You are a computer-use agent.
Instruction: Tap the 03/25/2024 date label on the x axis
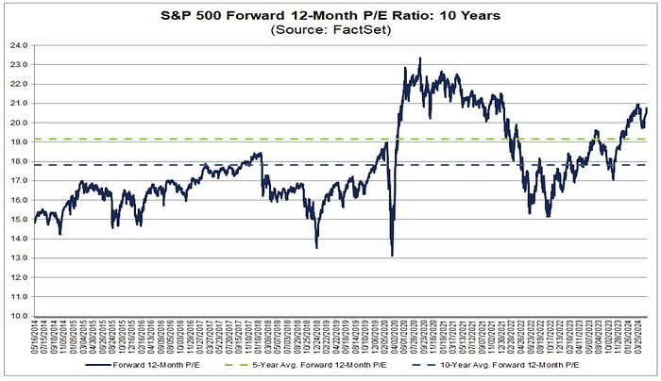(646, 341)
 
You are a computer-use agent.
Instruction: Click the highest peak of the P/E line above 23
(419, 58)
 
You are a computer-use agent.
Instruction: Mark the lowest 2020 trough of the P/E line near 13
(392, 255)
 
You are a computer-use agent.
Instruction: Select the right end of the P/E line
(646, 109)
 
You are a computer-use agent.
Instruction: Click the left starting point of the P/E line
(34, 223)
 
